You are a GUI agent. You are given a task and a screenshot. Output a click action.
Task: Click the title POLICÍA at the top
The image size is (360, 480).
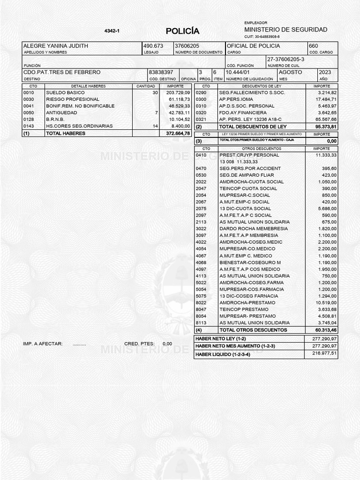182,31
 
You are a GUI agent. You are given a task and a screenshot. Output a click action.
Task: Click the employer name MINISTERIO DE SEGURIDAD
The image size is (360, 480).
286,30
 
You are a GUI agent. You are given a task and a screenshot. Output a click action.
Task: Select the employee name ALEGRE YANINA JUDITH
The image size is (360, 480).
56,46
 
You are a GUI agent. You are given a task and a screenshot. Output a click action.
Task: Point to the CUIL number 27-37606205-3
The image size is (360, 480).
286,59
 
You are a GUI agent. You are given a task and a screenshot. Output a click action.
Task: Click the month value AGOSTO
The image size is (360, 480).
291,72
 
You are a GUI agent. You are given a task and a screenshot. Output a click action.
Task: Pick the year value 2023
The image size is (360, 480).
325,72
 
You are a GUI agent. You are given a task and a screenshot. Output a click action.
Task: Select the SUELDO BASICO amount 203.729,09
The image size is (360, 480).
175,93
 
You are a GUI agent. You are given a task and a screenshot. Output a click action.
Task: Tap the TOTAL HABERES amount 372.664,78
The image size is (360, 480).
178,134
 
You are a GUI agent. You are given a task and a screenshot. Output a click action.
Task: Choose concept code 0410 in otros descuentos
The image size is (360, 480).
201,155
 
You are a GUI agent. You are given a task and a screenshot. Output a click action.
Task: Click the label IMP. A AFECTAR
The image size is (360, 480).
43,344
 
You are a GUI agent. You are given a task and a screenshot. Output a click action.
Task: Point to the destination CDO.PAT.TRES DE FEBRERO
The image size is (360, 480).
62,72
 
